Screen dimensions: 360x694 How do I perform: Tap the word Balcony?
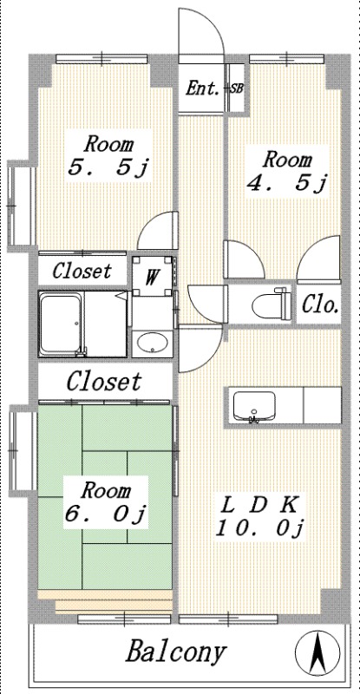tap(176, 652)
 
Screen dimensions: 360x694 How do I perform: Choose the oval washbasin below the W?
tap(152, 343)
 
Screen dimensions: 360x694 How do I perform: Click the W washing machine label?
tap(152, 278)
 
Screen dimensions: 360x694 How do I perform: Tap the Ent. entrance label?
tap(202, 88)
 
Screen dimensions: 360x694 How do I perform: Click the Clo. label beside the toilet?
tap(321, 305)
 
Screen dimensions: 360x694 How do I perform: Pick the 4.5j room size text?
tap(287, 184)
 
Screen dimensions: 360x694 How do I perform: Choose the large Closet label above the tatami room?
tap(104, 381)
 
